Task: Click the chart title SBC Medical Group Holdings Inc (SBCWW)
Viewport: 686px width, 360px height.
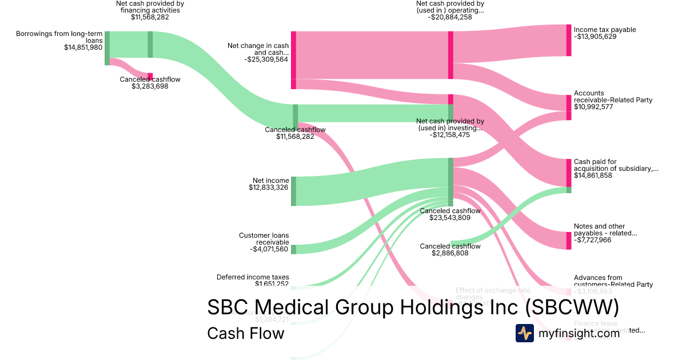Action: tap(413, 308)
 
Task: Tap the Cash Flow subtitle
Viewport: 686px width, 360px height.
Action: tap(245, 333)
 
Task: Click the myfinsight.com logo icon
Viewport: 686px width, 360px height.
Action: tap(524, 333)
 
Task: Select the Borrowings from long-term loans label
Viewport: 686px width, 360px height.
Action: tap(59, 37)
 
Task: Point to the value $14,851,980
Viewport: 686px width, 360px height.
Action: tap(83, 47)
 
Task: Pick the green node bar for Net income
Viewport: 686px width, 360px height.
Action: tap(294, 191)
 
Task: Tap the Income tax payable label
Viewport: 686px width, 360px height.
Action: tap(605, 30)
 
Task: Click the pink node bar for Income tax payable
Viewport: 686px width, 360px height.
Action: tap(568, 40)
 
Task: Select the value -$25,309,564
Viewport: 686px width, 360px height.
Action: tap(266, 59)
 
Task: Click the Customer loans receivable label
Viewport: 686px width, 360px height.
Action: tap(264, 239)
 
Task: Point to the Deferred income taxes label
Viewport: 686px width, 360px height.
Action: tap(253, 277)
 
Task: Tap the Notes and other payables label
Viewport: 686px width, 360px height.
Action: tap(605, 230)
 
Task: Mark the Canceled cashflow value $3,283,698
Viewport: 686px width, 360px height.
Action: tap(150, 86)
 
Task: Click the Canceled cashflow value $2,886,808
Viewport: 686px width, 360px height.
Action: tap(450, 253)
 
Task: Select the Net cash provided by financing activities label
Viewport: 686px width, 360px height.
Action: tap(150, 6)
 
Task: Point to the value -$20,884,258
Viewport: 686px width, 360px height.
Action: tap(450, 17)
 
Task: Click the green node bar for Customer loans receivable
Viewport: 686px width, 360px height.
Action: tap(294, 249)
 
